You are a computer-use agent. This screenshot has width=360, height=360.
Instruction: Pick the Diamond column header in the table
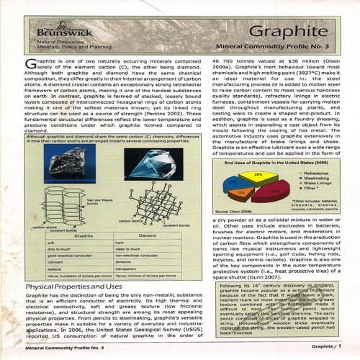coord(146,235)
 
